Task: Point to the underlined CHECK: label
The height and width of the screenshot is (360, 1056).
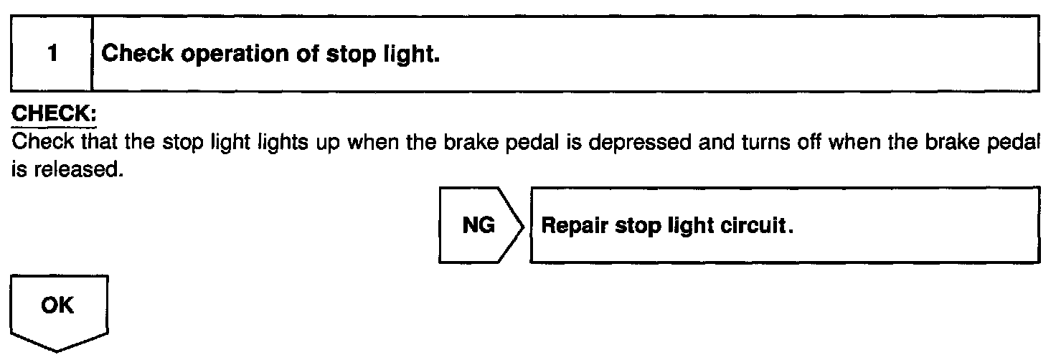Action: tap(55, 115)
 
